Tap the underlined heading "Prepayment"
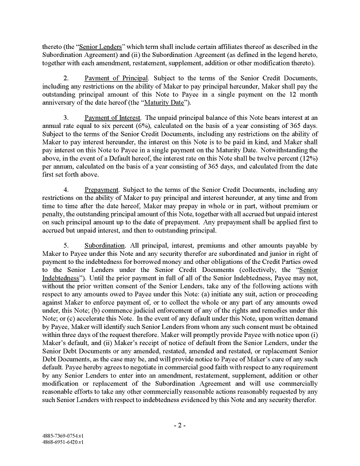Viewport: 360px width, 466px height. (x=102, y=190)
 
